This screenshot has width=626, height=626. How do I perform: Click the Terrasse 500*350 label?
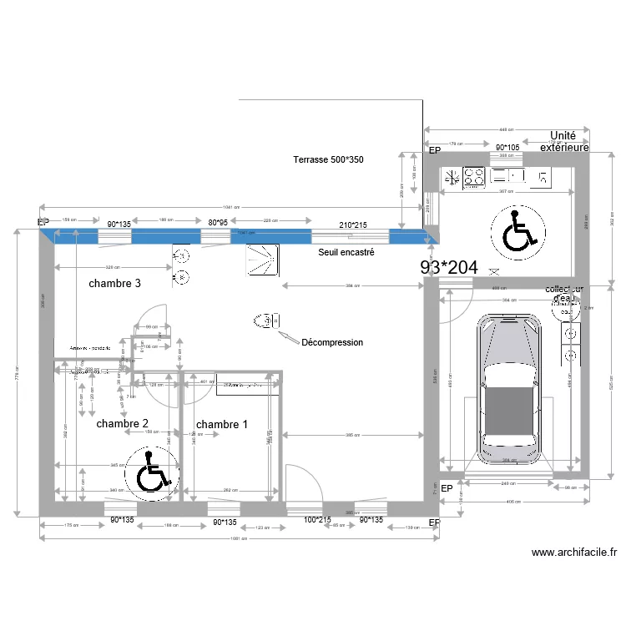pos(328,159)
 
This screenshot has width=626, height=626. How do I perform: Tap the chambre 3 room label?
pos(114,284)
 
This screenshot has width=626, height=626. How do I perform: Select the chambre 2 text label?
pos(122,424)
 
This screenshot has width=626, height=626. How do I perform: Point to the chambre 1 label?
pos(221,424)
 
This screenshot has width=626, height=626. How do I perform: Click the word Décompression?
pos(332,342)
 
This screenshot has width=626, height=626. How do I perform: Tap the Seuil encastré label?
pos(346,251)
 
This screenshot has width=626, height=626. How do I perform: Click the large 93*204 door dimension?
pos(449,268)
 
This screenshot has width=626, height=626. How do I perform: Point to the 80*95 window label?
pos(218,224)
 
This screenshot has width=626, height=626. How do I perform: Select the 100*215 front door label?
pos(318,520)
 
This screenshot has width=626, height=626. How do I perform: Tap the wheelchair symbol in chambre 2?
pos(151,473)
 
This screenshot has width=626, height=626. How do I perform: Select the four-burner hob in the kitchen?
pos(475,176)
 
